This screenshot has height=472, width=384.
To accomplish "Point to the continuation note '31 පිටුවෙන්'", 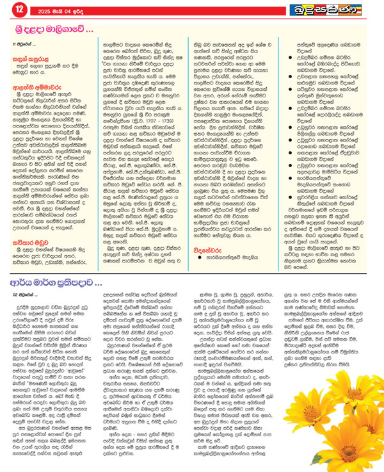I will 24,43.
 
